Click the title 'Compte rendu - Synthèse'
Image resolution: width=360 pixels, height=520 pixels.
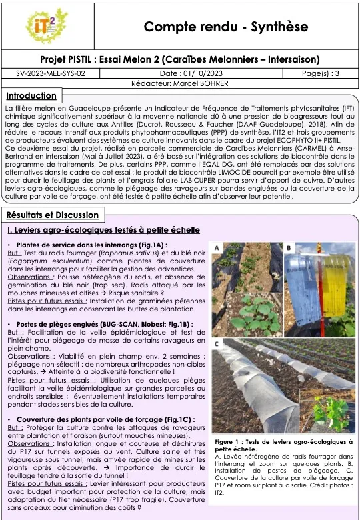[x=226, y=27]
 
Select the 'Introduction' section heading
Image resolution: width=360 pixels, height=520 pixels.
[x=31, y=96]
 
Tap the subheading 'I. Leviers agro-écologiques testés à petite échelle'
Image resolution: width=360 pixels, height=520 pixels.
[x=103, y=230]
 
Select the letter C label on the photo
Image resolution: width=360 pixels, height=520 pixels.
[x=217, y=344]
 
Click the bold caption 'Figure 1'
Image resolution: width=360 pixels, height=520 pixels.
[x=230, y=442]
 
